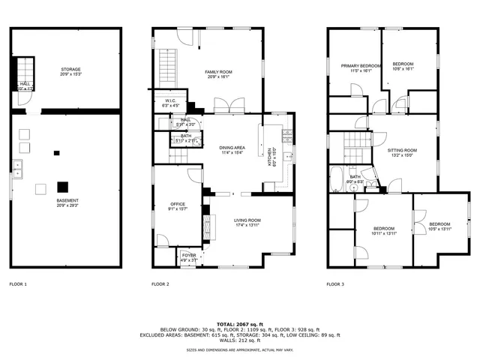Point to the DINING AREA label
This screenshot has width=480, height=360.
[232, 150]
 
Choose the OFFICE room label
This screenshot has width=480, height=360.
[177, 205]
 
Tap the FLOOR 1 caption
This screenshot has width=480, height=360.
[18, 285]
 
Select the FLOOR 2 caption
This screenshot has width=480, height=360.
[160, 285]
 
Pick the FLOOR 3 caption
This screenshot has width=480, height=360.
[335, 285]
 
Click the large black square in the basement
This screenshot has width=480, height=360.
[64, 185]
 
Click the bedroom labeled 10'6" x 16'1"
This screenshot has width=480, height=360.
[403, 66]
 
